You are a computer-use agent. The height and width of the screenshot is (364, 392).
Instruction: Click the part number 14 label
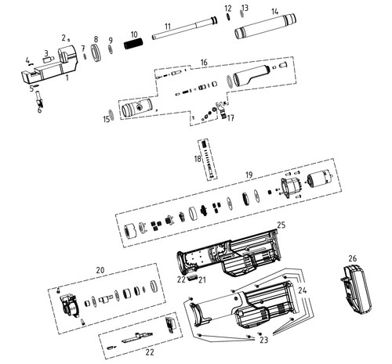(274, 12)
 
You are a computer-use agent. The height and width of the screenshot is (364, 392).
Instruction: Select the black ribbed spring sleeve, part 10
(134, 44)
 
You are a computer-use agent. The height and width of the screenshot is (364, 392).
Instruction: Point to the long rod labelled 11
(184, 28)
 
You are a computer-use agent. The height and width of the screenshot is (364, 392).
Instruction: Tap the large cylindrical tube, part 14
(265, 27)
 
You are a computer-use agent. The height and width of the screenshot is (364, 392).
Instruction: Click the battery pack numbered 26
(356, 289)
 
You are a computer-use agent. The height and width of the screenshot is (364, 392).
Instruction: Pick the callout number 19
(249, 175)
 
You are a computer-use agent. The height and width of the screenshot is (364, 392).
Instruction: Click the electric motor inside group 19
(320, 180)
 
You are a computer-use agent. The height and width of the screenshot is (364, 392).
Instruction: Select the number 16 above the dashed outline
(204, 63)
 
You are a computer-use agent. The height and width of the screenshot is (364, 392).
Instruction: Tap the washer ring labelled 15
(112, 114)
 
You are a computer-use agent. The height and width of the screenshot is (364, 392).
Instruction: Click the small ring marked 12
(228, 16)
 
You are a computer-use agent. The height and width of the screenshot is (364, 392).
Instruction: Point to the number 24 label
(302, 290)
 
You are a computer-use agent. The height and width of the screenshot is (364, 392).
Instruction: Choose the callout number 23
(264, 340)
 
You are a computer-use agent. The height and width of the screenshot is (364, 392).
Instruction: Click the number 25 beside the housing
(281, 225)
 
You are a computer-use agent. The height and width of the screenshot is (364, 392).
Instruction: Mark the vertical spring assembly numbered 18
(209, 160)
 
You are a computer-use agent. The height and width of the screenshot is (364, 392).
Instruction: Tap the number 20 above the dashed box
(100, 270)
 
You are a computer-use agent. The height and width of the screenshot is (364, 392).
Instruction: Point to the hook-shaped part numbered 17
(222, 110)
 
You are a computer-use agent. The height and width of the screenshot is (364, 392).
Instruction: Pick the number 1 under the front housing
(67, 77)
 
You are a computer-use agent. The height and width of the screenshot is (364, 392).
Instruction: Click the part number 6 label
(39, 110)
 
